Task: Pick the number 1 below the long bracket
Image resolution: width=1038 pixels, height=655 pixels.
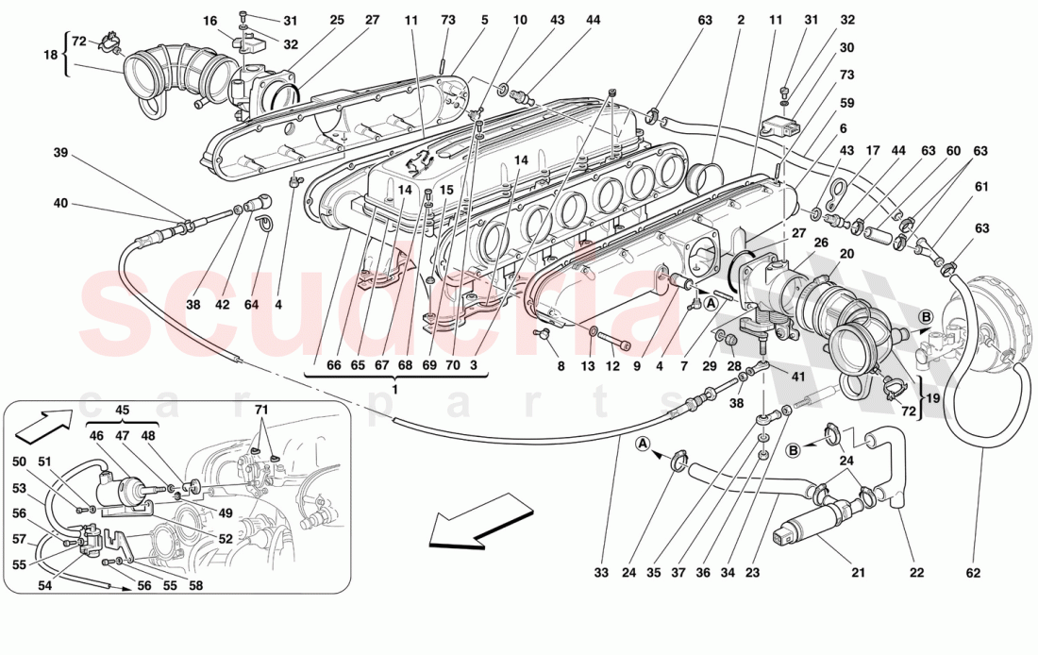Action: coord(395,390)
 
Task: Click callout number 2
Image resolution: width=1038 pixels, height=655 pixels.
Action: coord(741,19)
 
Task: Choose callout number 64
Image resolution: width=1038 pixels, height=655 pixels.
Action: coord(250,305)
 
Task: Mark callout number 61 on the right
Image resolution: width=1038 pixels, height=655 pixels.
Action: coord(981,186)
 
